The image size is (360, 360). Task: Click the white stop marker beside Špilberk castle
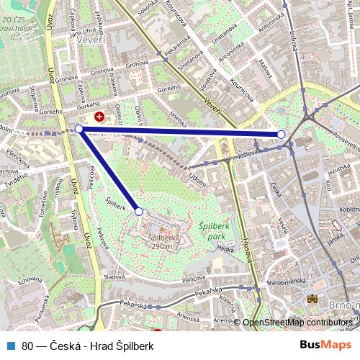pos(139,211)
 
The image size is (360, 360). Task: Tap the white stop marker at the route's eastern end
pos(281,135)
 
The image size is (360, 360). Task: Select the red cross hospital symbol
pos(99,115)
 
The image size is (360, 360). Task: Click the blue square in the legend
pos(12,346)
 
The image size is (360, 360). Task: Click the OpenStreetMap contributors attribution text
pos(297,323)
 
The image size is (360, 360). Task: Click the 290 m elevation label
pos(161,246)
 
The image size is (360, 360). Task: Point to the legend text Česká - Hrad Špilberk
pos(101,346)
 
